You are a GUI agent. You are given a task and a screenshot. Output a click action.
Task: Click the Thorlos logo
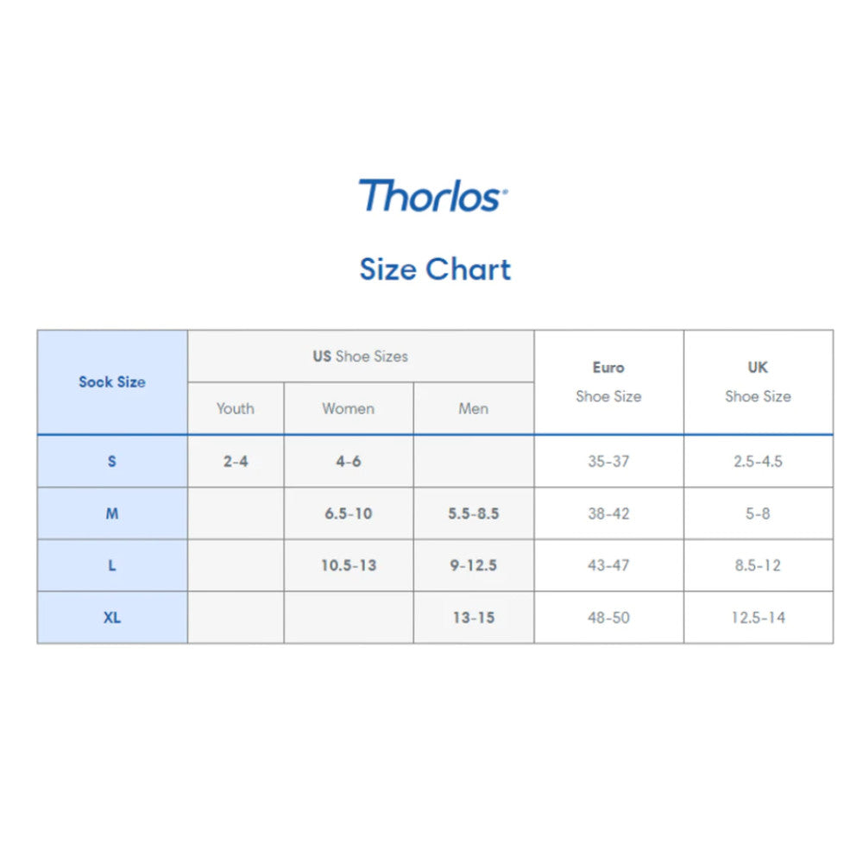[x=433, y=195]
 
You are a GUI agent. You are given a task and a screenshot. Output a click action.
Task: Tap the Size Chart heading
[x=435, y=269]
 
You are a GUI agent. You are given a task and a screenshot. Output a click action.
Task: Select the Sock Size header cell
[x=112, y=382]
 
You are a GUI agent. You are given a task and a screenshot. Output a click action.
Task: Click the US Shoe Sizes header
[x=361, y=356]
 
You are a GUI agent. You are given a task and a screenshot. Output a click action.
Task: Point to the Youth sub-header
[x=236, y=408]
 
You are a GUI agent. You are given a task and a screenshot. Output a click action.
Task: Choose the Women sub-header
[x=349, y=408]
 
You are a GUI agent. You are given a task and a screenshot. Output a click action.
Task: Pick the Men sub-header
[x=473, y=408]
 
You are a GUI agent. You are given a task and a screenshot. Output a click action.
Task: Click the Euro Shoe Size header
[x=608, y=381]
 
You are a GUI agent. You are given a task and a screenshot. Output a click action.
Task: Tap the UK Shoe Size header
[x=758, y=381]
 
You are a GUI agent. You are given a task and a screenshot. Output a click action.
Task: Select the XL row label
[x=112, y=618]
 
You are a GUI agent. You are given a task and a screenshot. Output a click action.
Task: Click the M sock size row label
[x=112, y=513]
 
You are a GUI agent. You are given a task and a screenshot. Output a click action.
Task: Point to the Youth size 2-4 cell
[x=236, y=461]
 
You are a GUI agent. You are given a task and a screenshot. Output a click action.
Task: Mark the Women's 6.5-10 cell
[x=349, y=513]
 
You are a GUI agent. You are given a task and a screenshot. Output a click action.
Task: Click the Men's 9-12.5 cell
[x=473, y=565]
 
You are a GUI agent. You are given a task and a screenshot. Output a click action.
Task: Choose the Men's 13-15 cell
[x=473, y=618]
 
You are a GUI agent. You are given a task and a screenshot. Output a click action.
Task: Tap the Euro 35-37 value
[x=608, y=461]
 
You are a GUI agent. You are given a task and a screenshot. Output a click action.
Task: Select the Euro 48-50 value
[x=608, y=618]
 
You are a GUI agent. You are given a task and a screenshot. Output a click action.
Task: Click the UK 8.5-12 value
[x=758, y=565]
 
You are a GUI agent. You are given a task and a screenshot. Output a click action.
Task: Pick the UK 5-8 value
[x=758, y=513]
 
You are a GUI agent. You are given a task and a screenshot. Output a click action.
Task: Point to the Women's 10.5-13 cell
[x=349, y=565]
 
